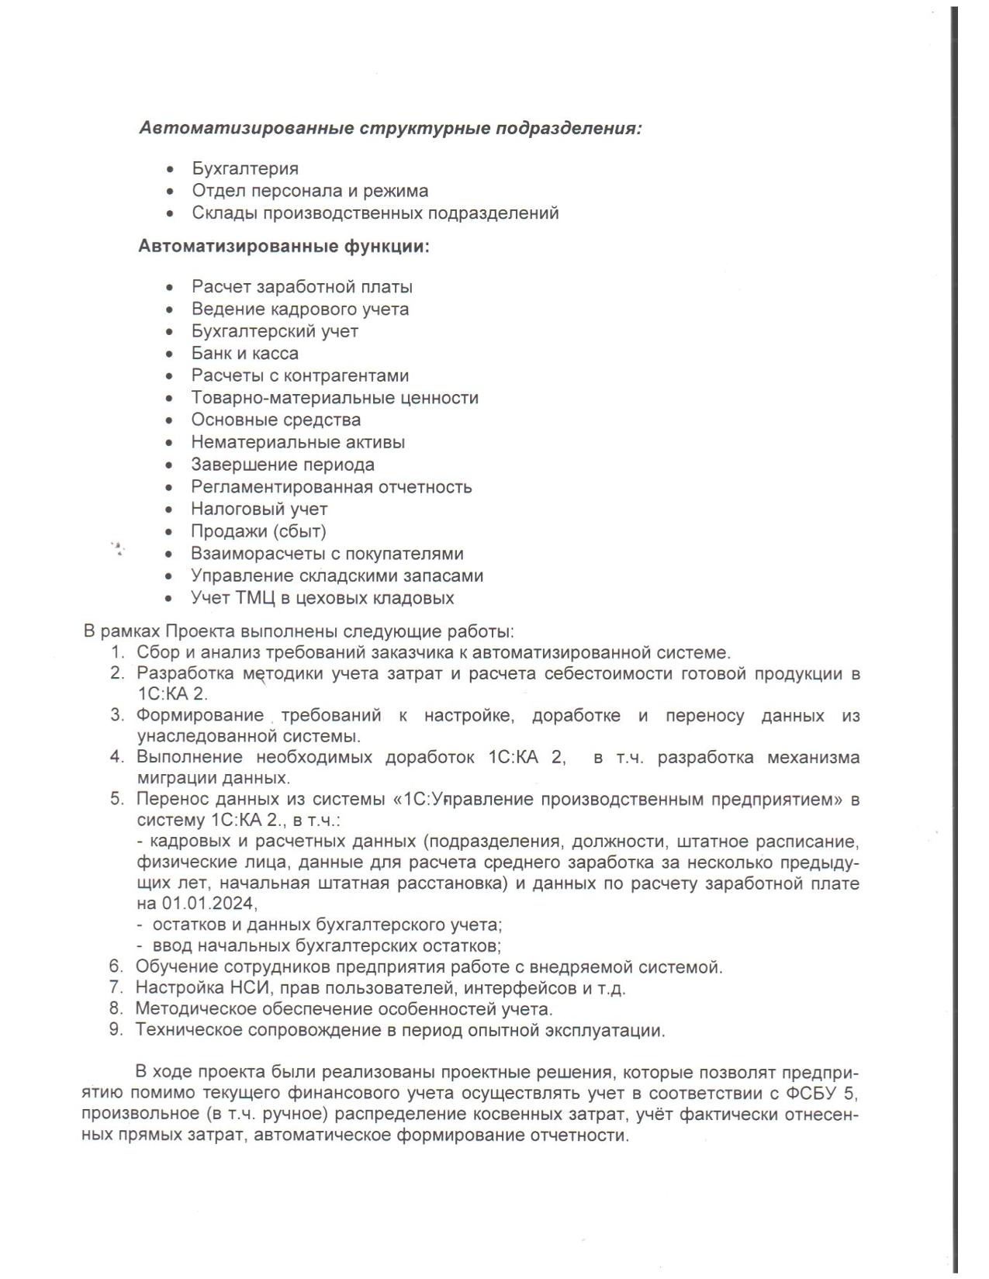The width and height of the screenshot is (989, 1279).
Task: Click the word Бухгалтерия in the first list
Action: click(245, 168)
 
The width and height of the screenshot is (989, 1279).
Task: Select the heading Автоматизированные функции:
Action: click(284, 247)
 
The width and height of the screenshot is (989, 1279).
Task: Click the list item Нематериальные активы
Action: click(298, 442)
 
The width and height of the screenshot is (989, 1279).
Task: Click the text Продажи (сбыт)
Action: click(258, 531)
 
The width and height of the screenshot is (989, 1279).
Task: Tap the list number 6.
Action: click(116, 966)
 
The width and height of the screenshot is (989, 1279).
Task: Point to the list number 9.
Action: click(116, 1030)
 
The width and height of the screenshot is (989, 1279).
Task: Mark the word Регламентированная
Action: click(282, 487)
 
